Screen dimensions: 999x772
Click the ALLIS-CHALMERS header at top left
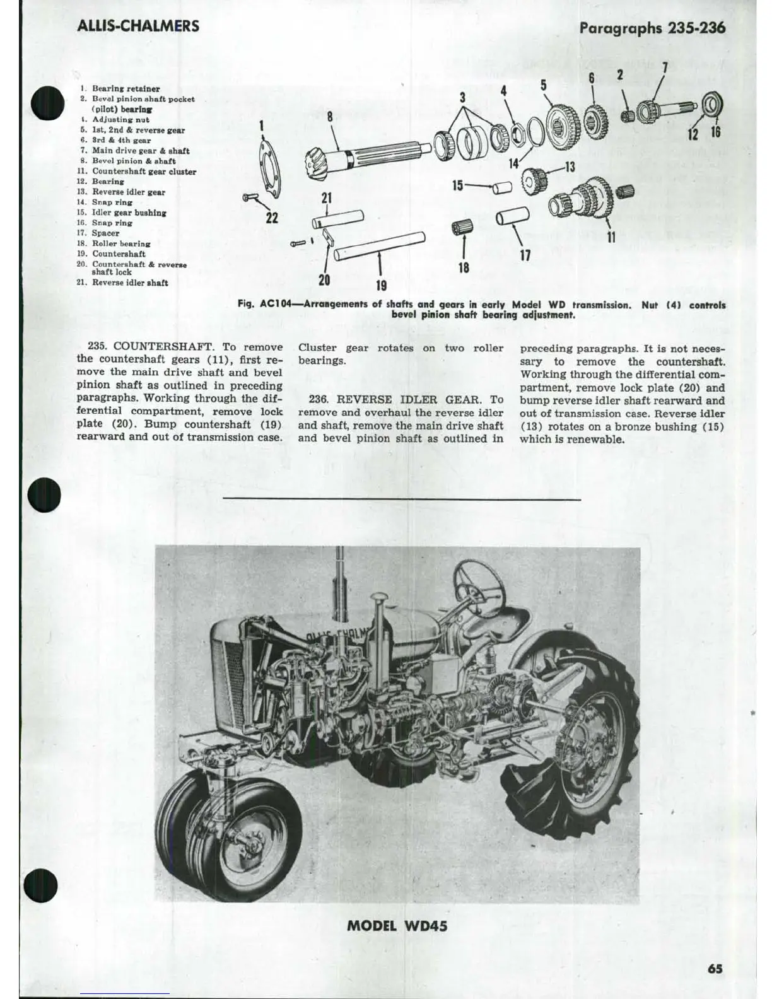[137, 26]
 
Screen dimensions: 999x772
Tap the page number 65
[715, 969]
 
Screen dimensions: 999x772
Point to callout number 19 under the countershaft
[380, 286]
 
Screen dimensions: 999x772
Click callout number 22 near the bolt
[272, 218]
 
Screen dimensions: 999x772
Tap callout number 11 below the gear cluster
[611, 237]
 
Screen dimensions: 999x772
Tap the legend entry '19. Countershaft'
[119, 254]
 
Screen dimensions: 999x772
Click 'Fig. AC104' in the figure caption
[265, 305]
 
